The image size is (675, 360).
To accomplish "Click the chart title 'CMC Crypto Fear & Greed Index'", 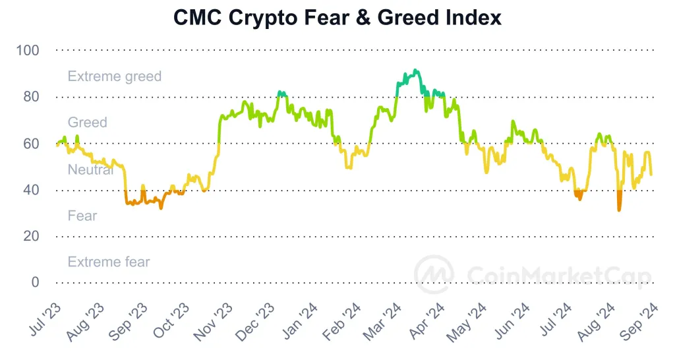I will (337, 18).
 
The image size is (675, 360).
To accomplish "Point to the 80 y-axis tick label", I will (32, 97).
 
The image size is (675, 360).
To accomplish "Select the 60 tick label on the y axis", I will (32, 143).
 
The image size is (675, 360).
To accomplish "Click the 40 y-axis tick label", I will (32, 190).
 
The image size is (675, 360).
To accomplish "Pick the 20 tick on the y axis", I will (32, 236).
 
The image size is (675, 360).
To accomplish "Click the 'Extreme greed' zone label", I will (114, 76).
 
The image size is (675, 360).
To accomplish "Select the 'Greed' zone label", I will (87, 123).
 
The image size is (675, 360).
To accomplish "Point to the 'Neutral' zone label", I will (90, 169).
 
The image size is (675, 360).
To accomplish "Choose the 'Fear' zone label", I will (82, 216).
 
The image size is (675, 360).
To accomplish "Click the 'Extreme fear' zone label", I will (109, 262).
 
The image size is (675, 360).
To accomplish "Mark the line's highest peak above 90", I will (415, 69).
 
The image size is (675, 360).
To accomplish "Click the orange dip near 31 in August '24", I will (619, 210).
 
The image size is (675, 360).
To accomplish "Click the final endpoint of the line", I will (651, 175).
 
